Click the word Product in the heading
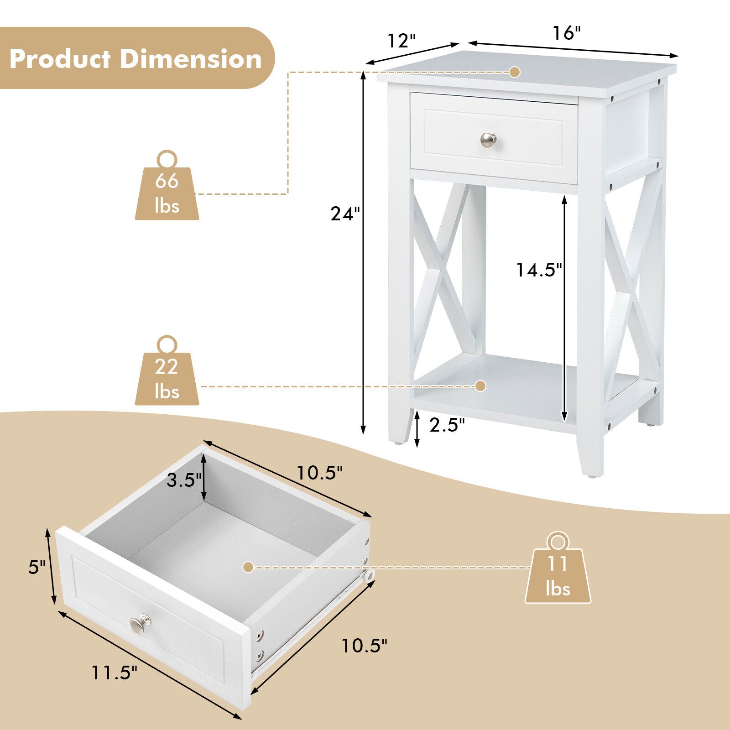(60, 59)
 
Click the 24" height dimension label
(345, 214)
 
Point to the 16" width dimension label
(567, 33)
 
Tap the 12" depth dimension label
(401, 41)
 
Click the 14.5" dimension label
(539, 270)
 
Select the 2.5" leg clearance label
(447, 425)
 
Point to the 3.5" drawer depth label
(184, 480)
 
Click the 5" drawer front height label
(37, 567)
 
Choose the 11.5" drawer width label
(114, 672)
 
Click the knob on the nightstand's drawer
(488, 140)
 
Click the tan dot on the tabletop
(515, 72)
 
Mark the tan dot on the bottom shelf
(480, 386)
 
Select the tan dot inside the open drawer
(248, 567)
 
